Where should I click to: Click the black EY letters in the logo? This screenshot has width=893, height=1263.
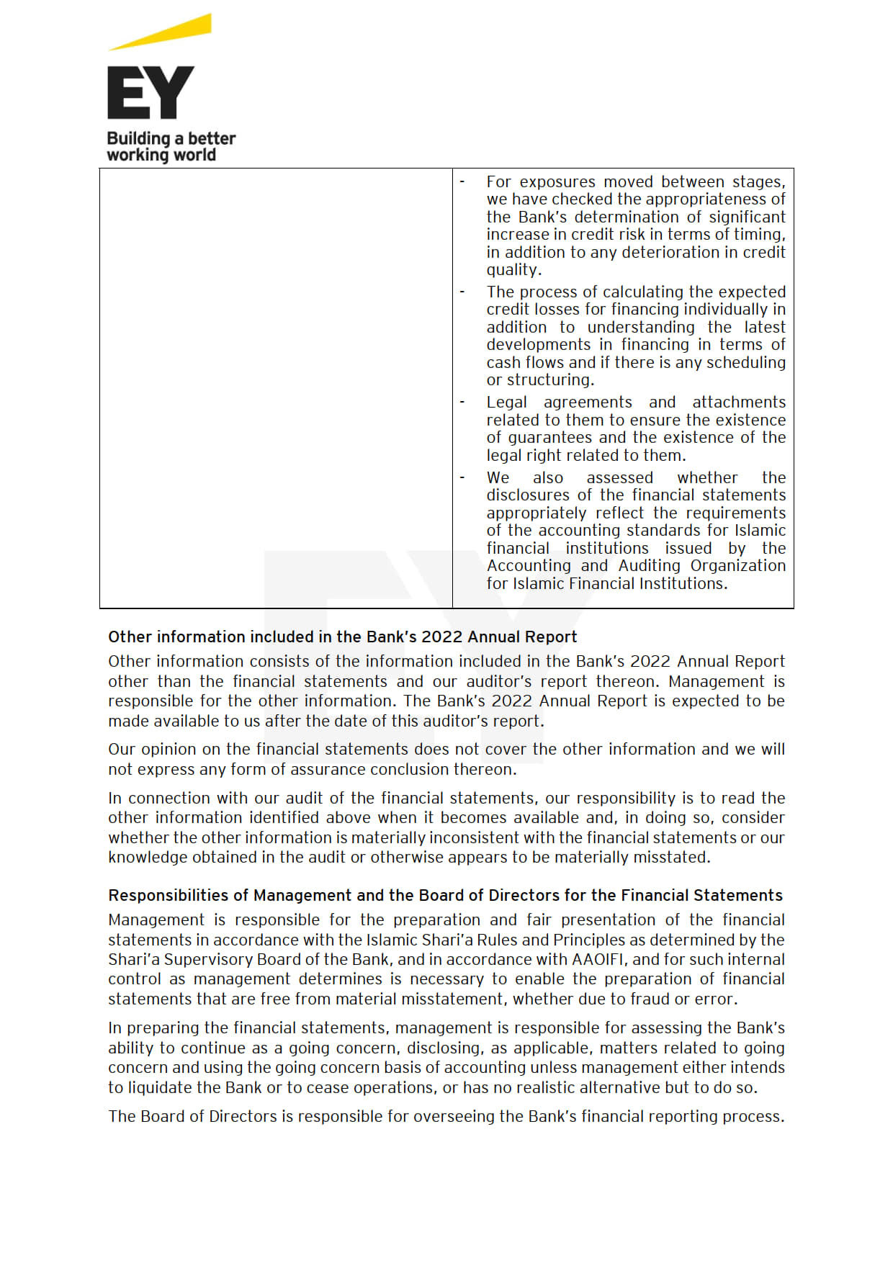[151, 92]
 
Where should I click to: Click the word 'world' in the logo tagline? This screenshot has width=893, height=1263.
[194, 155]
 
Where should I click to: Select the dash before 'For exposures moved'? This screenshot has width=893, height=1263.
[462, 182]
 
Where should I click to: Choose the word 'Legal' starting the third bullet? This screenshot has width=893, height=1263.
[506, 402]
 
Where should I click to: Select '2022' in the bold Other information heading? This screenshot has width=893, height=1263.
[441, 637]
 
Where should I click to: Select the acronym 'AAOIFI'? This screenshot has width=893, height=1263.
[600, 960]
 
